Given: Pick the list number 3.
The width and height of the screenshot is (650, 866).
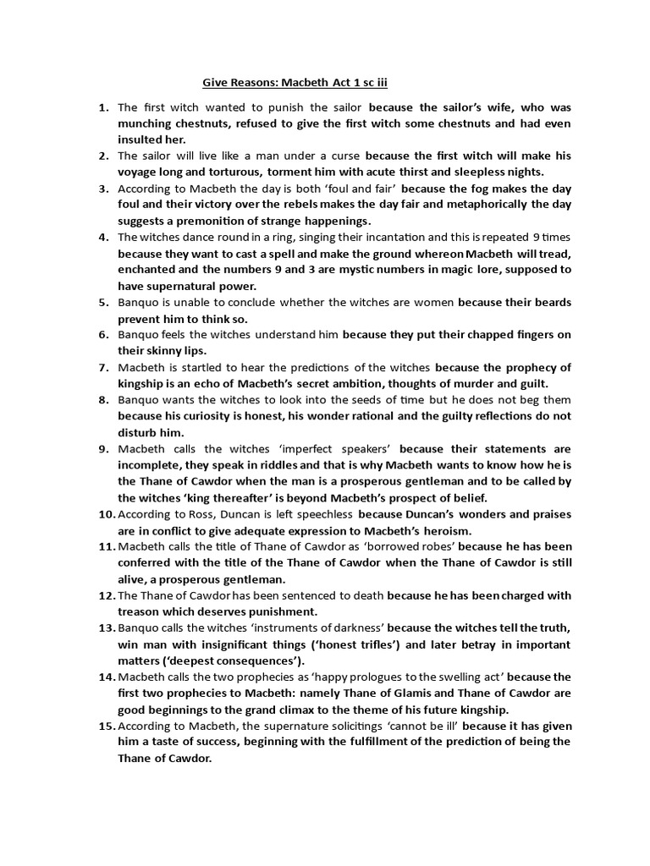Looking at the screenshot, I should click(x=102, y=188).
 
